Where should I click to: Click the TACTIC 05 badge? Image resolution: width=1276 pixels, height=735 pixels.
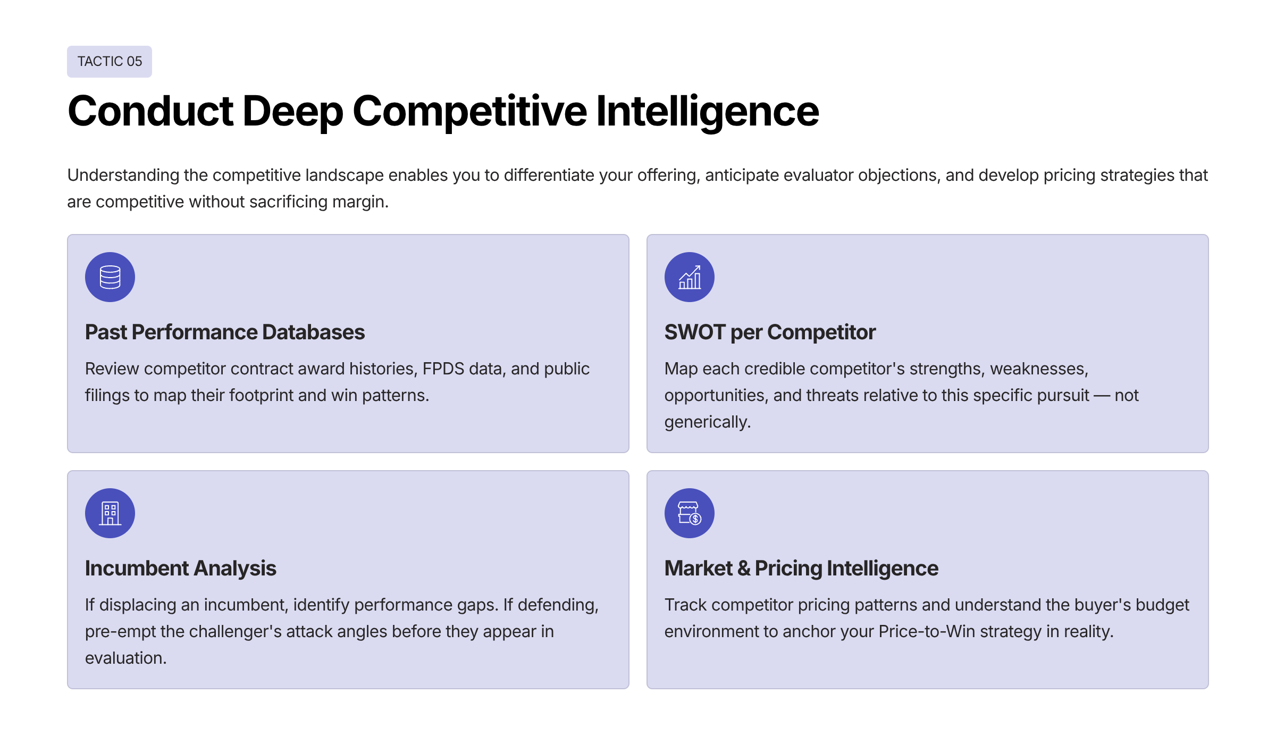(x=110, y=62)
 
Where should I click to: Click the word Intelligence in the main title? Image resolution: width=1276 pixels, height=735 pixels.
(x=707, y=111)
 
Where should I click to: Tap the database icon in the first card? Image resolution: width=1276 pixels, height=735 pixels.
(x=110, y=277)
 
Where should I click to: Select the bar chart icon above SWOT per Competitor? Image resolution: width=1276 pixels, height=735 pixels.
(x=689, y=277)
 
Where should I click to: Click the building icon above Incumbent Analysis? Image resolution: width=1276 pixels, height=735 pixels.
(x=110, y=513)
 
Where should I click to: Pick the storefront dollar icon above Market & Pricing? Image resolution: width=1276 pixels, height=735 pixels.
(x=689, y=513)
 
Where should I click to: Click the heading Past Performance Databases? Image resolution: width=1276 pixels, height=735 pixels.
(x=225, y=332)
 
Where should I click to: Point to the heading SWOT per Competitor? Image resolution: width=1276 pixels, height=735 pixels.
(x=769, y=332)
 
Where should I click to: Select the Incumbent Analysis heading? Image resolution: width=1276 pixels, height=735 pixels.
(x=180, y=569)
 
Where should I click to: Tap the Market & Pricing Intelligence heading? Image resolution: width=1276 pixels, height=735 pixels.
(x=801, y=569)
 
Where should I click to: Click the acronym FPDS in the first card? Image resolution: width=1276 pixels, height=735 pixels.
(x=443, y=369)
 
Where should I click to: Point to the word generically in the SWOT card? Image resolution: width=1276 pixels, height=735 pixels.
(x=707, y=422)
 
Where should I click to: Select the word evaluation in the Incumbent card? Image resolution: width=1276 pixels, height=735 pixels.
(x=125, y=658)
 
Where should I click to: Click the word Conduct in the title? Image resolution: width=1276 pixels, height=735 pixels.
(x=150, y=111)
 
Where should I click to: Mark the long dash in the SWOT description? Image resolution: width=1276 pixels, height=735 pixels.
(x=1102, y=396)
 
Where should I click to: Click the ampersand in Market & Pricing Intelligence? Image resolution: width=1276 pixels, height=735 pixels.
(x=744, y=569)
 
